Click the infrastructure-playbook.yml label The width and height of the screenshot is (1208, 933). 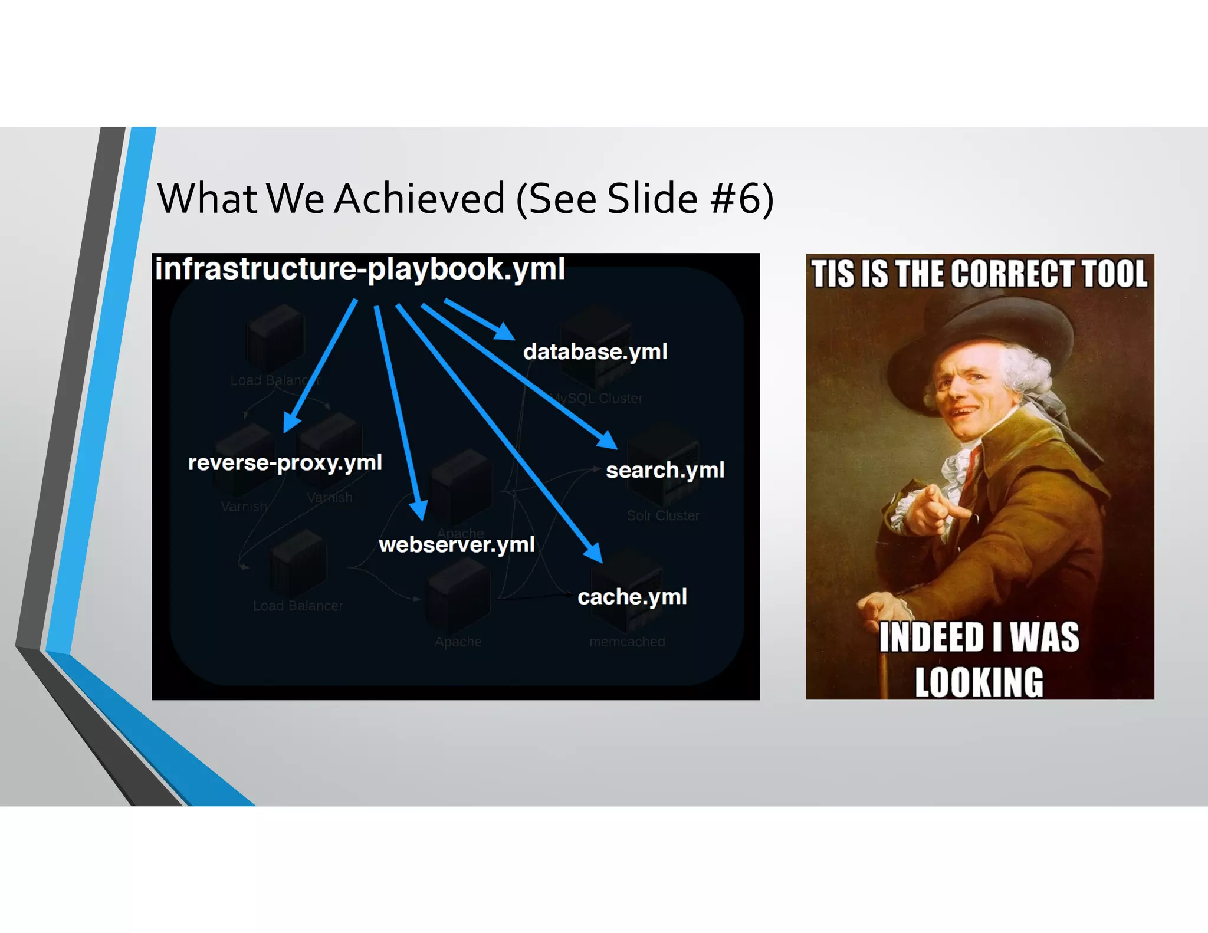(360, 269)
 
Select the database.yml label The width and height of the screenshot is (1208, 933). (595, 351)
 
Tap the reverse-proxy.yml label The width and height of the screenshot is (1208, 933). (285, 462)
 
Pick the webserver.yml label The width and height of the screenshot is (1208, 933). (457, 544)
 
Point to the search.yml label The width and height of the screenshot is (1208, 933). (665, 470)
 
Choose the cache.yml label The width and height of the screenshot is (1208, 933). (632, 596)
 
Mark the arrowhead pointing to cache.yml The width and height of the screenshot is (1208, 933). (593, 553)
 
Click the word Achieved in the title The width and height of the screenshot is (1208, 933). (419, 198)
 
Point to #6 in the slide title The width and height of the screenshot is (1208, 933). (736, 198)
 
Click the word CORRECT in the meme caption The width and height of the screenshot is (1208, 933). (1012, 274)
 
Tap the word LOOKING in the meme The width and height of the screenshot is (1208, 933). (979, 682)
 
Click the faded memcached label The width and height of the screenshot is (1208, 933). (627, 642)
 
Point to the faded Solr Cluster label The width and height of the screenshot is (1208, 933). (663, 515)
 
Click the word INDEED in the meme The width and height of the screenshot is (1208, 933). (931, 638)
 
